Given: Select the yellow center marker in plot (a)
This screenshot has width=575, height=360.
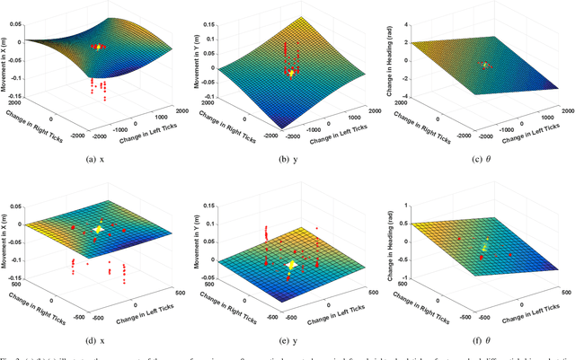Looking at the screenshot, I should click(98, 44).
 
